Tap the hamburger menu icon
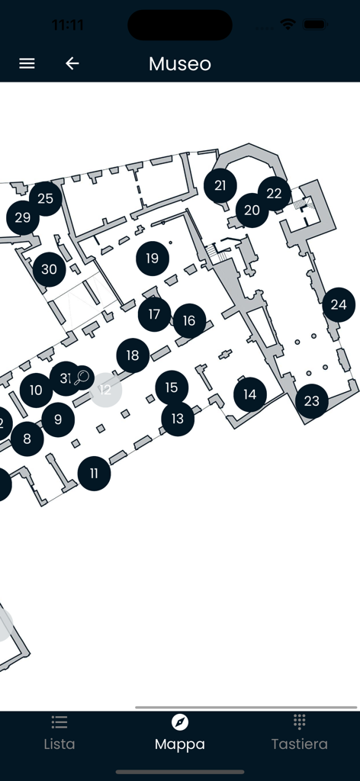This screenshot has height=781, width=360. (x=27, y=63)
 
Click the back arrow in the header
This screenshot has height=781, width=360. (x=72, y=63)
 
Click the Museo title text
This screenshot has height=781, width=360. (x=180, y=63)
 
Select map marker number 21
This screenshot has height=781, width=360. (x=220, y=185)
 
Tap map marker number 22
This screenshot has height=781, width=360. (x=275, y=193)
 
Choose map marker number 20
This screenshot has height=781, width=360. (x=252, y=211)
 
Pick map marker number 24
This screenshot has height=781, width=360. (x=339, y=305)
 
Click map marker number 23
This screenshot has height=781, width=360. (x=312, y=400)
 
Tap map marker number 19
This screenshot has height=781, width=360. (x=153, y=258)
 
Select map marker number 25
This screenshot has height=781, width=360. (x=45, y=199)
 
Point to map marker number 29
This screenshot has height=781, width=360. (x=22, y=218)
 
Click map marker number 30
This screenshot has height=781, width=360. (x=49, y=269)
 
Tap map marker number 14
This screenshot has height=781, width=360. (x=249, y=394)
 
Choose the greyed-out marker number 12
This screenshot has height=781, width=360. (x=105, y=390)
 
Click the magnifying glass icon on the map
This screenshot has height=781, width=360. (x=82, y=377)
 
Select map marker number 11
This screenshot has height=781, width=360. (x=94, y=474)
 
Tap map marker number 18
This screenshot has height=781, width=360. (x=133, y=355)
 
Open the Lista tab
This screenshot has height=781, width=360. (x=59, y=735)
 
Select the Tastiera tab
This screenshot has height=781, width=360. (x=300, y=735)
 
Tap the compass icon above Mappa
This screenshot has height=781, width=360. (x=180, y=722)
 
